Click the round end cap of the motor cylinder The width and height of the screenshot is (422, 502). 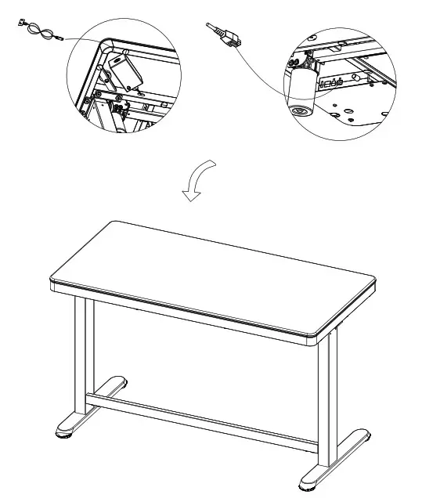click(x=298, y=110)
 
